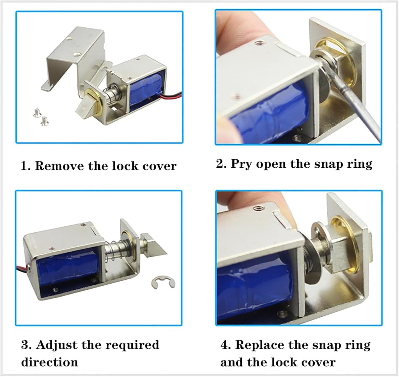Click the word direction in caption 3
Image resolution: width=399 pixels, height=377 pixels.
tap(49, 362)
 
